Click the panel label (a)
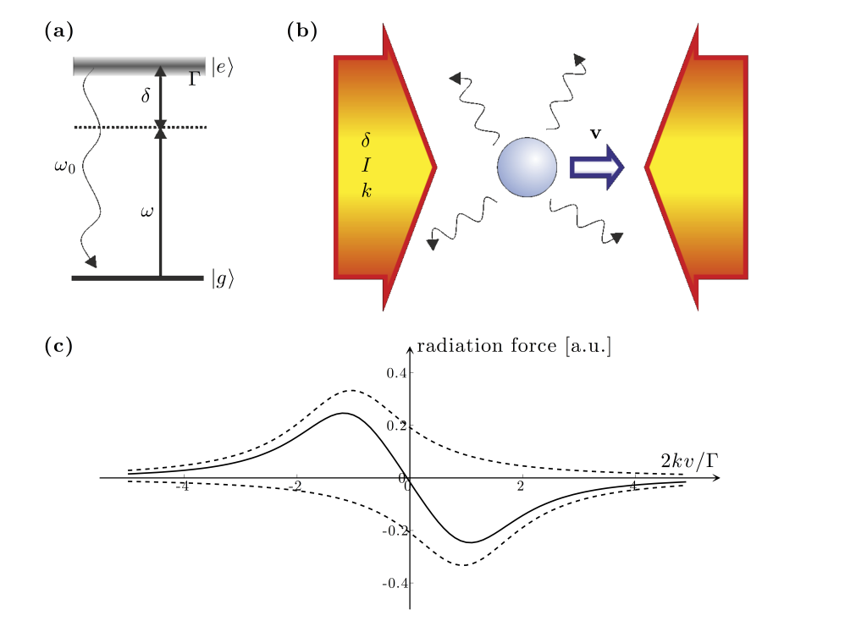58,32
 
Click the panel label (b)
302,32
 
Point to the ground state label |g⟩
223,280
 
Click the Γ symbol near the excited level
193,81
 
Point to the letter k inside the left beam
367,190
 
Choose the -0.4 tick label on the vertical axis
395,584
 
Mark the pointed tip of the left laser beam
434,167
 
